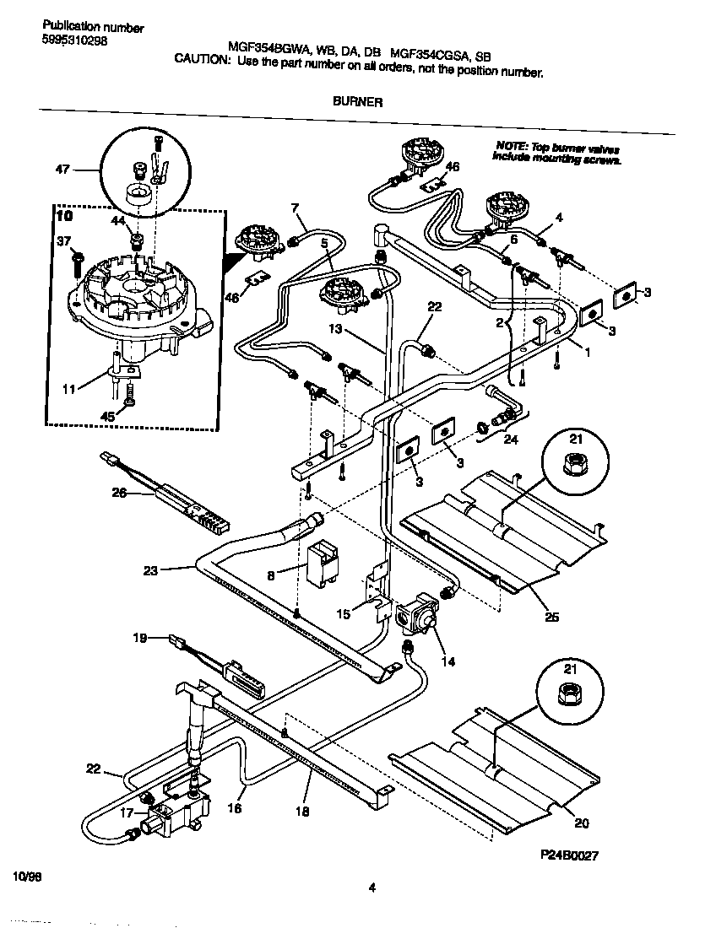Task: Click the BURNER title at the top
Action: [x=357, y=101]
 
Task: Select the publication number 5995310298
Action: [x=74, y=41]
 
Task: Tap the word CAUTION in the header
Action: [x=201, y=60]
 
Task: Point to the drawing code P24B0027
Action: [x=569, y=855]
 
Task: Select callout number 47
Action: [x=62, y=170]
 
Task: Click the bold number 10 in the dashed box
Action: [x=64, y=217]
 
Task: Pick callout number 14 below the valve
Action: [x=447, y=662]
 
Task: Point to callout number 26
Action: [x=119, y=493]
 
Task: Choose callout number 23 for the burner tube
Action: [x=150, y=570]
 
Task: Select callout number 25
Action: [x=553, y=618]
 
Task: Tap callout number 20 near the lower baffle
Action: [x=581, y=824]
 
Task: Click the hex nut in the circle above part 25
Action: [x=574, y=462]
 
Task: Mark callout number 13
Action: [x=335, y=328]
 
